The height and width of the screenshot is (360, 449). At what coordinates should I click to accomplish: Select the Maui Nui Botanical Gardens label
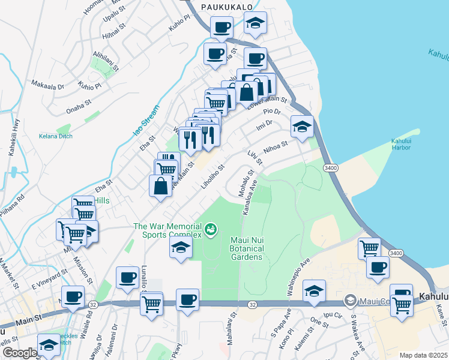247,248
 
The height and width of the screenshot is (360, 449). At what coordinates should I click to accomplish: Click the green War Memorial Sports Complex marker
211,229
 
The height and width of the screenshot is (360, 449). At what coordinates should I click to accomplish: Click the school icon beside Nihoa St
302,127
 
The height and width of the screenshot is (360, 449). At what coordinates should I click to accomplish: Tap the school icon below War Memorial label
181,247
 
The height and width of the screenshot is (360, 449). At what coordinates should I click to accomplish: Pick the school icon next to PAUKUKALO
255,24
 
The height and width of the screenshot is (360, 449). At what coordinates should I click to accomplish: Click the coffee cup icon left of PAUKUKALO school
221,27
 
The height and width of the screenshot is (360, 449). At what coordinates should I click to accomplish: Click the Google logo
19,353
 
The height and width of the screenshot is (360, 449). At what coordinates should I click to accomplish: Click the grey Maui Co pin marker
349,299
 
